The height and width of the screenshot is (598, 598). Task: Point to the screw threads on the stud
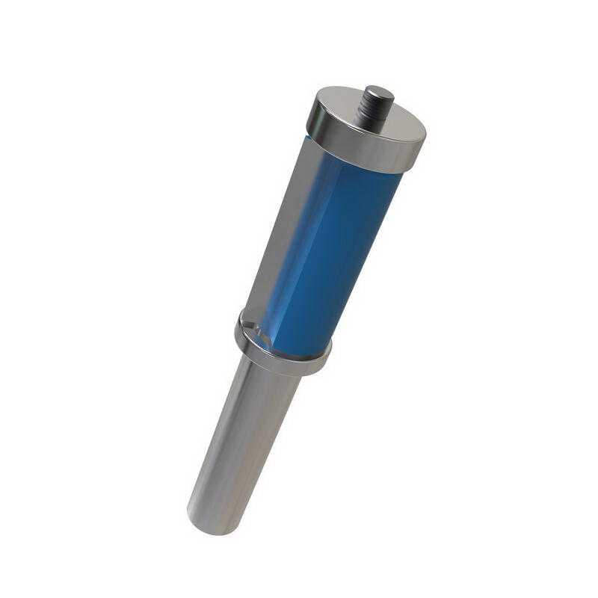click(369, 112)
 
